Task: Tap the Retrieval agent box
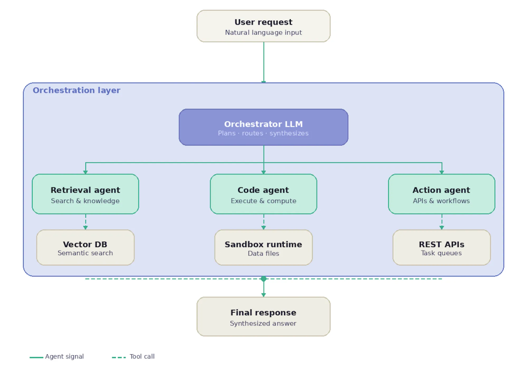pos(85,194)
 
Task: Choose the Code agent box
pos(263,194)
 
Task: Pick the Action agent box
pos(441,194)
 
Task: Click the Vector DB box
pos(85,247)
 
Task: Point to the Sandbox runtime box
pos(263,247)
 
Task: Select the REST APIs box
pos(441,247)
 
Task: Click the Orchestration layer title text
pos(76,90)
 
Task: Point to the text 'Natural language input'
pos(263,32)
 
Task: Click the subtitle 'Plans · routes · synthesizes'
pos(263,133)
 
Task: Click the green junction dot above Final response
pos(263,279)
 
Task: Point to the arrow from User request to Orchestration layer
pos(263,62)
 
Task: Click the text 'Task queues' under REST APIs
pos(441,253)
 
